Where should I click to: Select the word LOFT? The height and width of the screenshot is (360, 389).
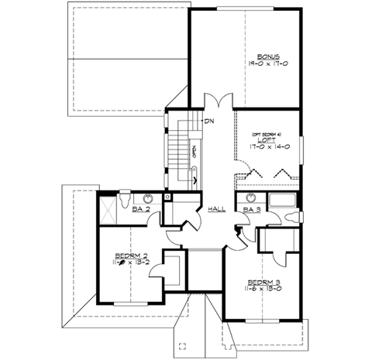[x=266, y=140]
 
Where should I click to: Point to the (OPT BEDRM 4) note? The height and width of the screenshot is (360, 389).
[x=265, y=133]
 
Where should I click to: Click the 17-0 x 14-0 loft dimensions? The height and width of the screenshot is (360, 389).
[x=266, y=147]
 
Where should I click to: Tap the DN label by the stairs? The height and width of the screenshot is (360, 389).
[x=209, y=122]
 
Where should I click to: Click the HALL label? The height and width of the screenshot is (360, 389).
[x=216, y=209]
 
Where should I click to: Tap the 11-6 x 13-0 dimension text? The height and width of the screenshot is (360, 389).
[x=263, y=290]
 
